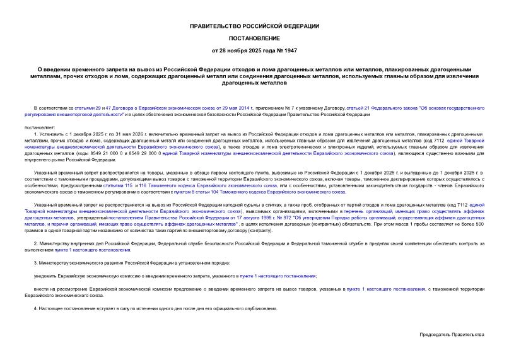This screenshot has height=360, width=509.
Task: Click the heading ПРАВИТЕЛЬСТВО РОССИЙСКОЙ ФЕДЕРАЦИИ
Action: [254, 26]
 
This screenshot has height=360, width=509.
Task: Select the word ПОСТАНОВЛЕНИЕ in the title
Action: [254, 38]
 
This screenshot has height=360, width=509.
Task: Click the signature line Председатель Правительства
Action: [451, 334]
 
